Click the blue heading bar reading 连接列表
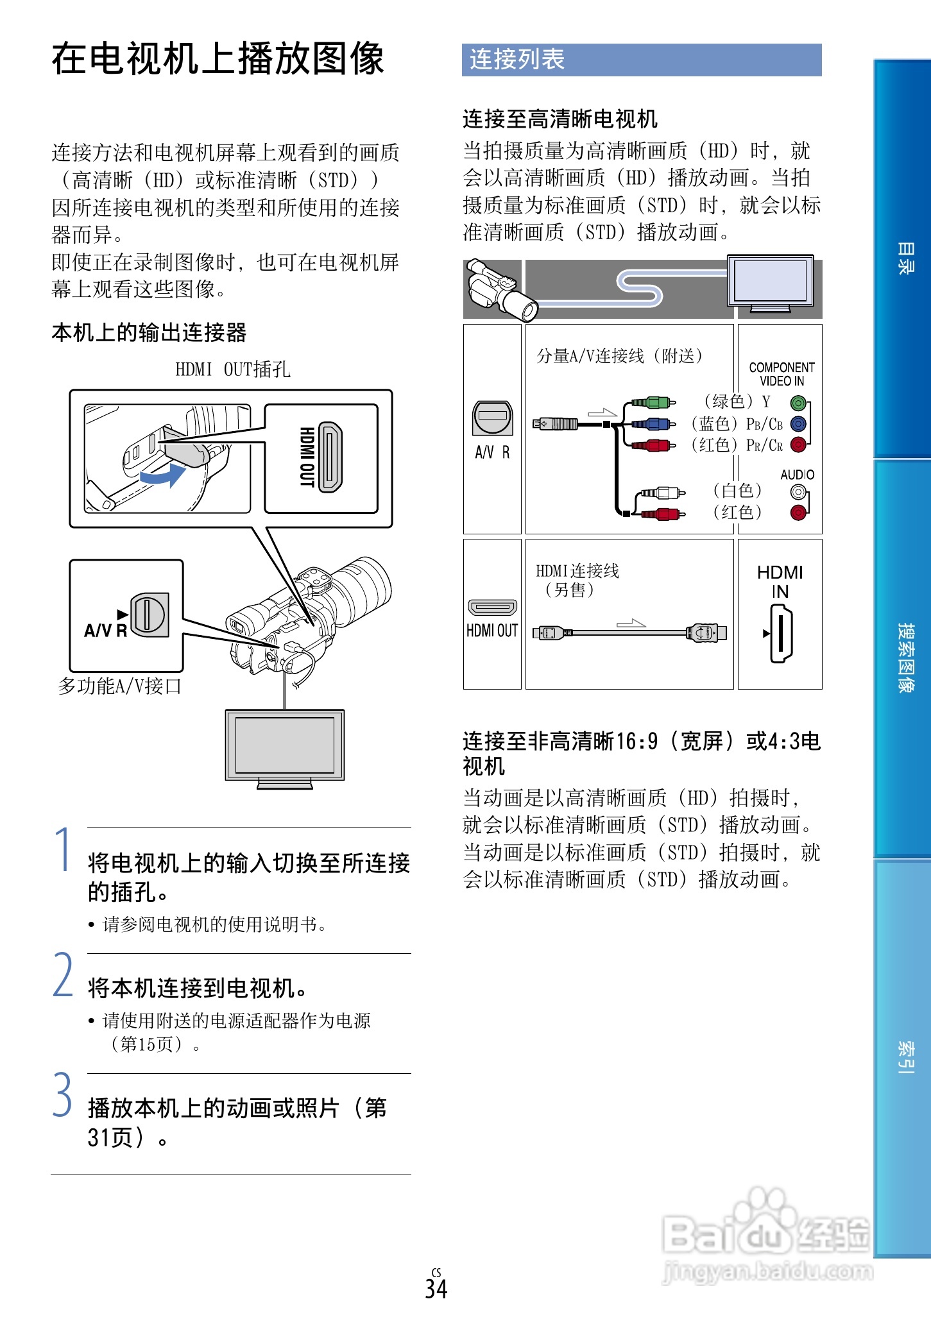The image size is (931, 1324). pos(641,60)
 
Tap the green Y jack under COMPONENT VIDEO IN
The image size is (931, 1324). pos(798,403)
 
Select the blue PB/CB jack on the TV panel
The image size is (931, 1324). pos(798,424)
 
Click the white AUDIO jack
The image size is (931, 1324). pos(798,492)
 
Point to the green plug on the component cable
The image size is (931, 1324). pos(656,403)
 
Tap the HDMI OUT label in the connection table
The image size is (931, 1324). pos(492,631)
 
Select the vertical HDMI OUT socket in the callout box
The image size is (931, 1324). pos(330,457)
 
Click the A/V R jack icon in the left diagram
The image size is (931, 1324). pos(150,615)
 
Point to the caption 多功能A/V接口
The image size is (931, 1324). pos(120,686)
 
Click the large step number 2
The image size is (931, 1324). pos(63,975)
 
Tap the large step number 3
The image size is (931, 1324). pos(63,1095)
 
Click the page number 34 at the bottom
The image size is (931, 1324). pos(436,1288)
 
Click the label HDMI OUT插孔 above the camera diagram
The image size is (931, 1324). pos(232,369)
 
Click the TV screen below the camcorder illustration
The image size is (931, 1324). pos(284,745)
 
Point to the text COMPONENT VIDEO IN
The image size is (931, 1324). pos(781,374)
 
